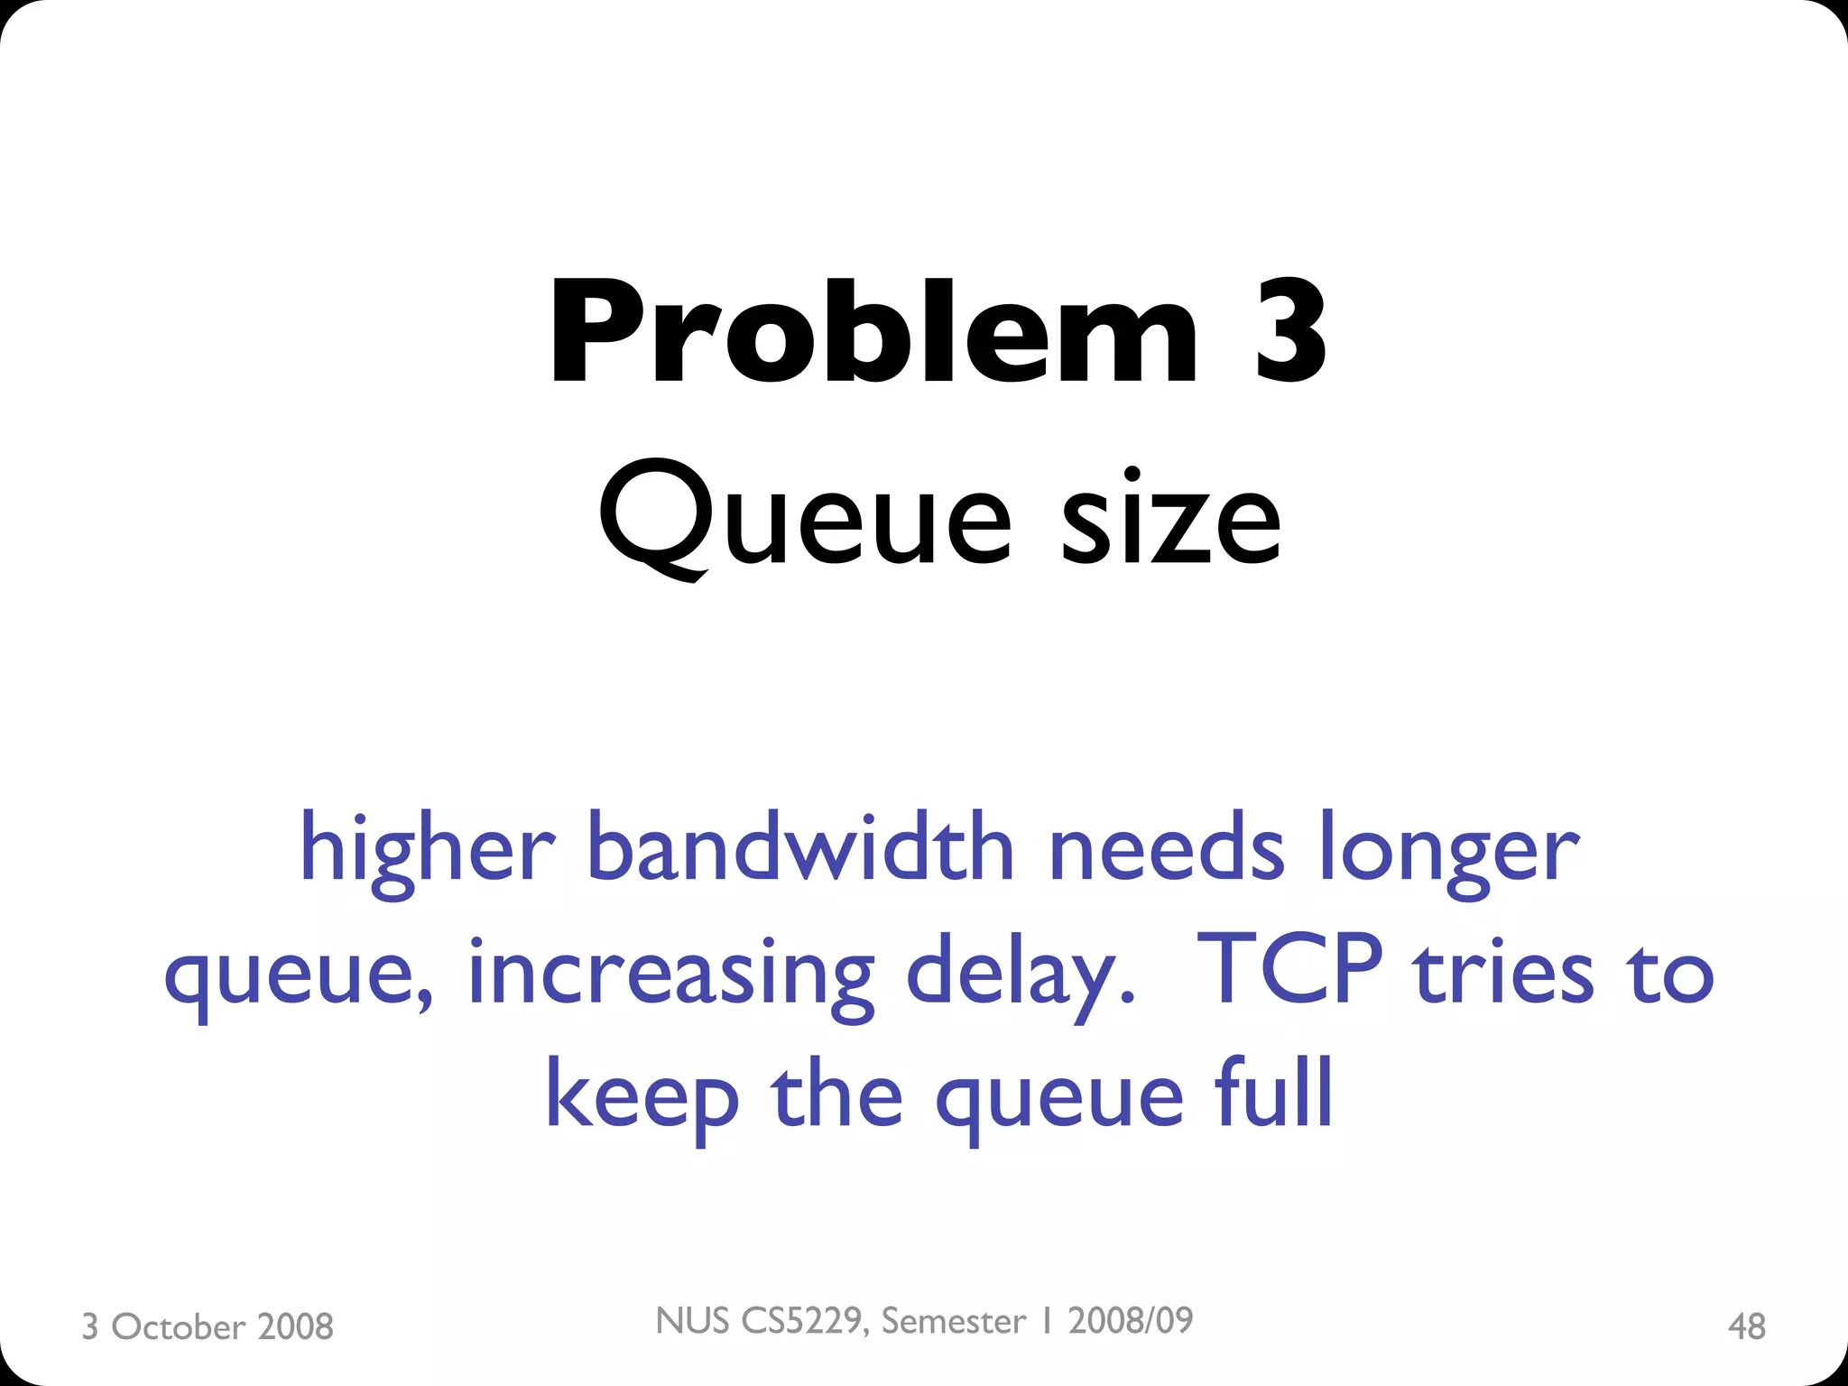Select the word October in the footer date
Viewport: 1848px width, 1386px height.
pyautogui.click(x=178, y=1326)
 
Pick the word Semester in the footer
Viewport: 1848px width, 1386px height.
pyautogui.click(x=954, y=1321)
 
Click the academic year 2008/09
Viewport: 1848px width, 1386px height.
pyautogui.click(x=1131, y=1321)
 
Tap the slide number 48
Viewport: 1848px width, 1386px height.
pyautogui.click(x=1746, y=1326)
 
